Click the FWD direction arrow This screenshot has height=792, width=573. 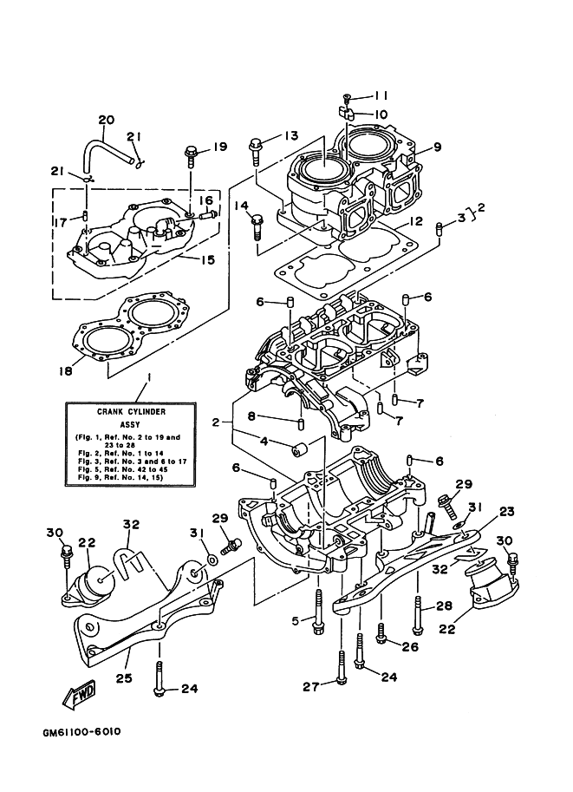(x=79, y=695)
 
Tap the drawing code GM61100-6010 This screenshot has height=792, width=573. (x=81, y=731)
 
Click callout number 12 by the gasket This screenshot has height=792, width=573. (x=416, y=221)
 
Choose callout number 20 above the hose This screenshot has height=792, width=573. (x=106, y=119)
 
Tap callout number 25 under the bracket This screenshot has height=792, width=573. (x=122, y=677)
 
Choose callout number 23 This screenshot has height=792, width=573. (x=506, y=511)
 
